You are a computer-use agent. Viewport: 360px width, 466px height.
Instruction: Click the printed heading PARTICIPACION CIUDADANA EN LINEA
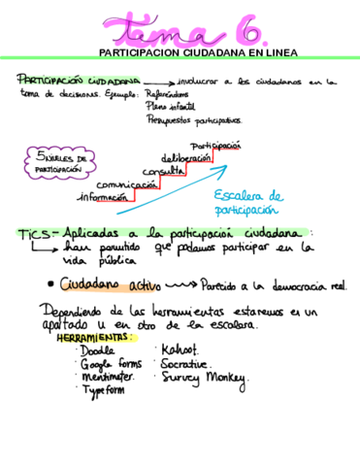point(198,52)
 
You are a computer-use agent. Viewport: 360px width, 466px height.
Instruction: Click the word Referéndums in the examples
point(166,94)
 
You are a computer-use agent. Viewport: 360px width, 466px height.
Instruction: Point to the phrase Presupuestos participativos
point(189,120)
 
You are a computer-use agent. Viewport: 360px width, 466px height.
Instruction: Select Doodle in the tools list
point(97,349)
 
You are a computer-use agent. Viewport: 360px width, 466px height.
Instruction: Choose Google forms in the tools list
point(108,363)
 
